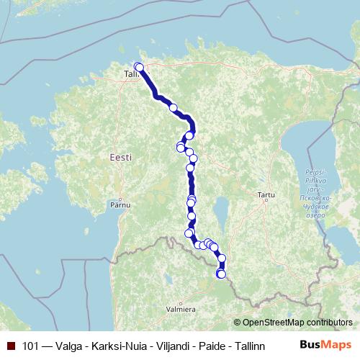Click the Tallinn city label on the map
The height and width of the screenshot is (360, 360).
point(130,74)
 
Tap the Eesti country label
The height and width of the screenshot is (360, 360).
point(121,157)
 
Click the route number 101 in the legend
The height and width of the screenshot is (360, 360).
point(31,345)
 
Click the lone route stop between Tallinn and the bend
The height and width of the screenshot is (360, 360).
point(173,108)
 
